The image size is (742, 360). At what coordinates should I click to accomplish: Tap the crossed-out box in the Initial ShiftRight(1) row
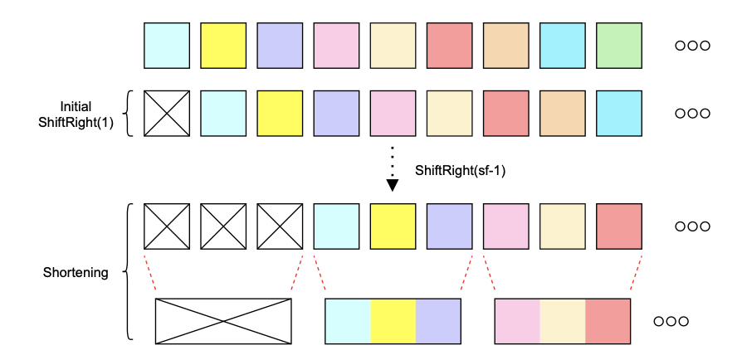coord(167,113)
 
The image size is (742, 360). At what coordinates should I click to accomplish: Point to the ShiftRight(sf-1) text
coord(459,170)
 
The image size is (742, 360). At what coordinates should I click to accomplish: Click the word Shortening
coord(76,272)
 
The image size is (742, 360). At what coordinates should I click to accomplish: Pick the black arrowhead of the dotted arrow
coord(393,185)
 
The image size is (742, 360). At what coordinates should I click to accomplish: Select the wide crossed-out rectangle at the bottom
coord(223,321)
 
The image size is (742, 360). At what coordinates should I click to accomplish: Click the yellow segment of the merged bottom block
coord(393,321)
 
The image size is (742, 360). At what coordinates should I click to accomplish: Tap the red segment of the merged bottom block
coord(608,321)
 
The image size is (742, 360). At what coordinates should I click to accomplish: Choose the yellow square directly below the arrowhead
coord(393,226)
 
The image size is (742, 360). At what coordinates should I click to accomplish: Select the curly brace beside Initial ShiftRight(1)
coord(127,113)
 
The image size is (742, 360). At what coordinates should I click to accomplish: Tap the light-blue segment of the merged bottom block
coord(348,321)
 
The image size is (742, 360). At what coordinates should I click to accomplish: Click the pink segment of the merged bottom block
coord(517,321)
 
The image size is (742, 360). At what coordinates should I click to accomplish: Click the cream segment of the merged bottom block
coord(563,321)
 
